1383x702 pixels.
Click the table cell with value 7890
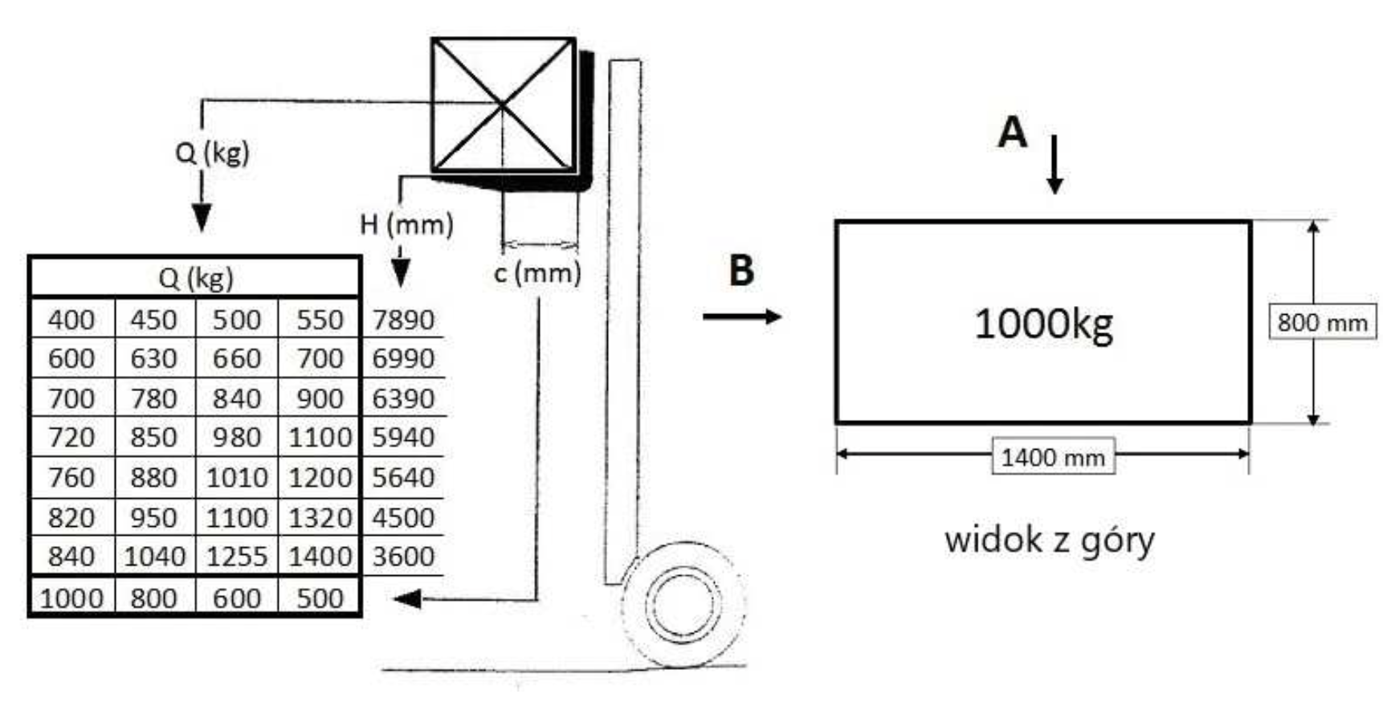403,320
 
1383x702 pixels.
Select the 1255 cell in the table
237,557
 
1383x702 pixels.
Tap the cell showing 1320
320,517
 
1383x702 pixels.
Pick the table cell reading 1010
237,478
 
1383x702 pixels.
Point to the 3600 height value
403,557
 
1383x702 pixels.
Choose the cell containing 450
153,320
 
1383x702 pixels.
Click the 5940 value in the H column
403,438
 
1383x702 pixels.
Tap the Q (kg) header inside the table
195,278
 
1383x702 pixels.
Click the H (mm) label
406,224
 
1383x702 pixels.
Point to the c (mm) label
537,273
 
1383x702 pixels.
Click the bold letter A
1012,132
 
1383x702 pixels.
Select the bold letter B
741,270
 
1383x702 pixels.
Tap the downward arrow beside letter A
1055,165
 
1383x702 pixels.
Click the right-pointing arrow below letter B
742,316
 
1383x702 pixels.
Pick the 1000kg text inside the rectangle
1043,324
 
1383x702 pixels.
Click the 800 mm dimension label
1322,323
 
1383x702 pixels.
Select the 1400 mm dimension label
1053,457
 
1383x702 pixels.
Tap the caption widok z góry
1049,540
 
